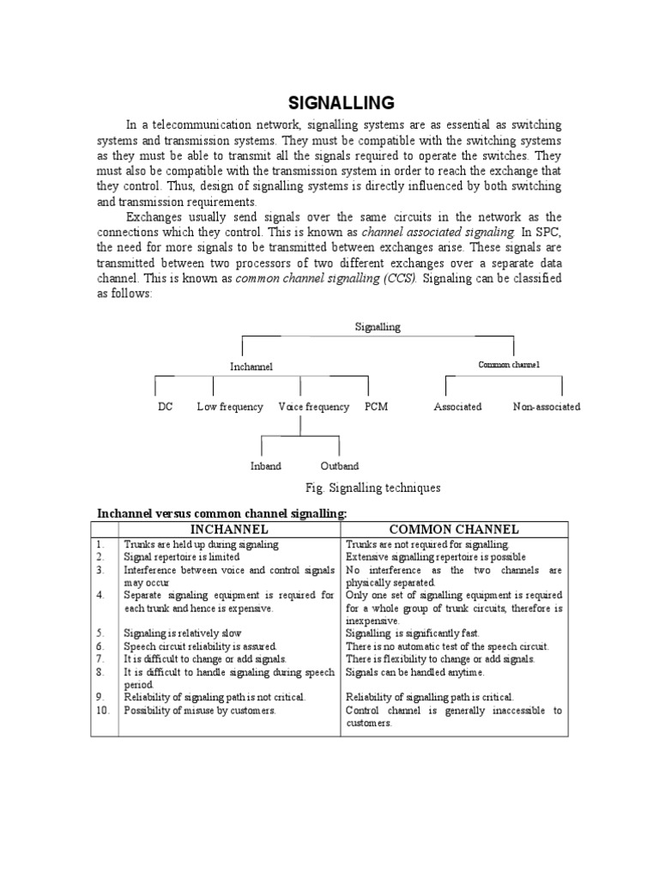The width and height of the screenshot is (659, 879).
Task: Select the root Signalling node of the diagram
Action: point(378,327)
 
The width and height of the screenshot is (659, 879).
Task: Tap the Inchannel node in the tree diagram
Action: point(251,367)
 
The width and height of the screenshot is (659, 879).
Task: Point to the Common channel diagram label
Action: point(509,365)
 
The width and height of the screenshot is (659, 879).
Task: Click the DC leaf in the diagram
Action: point(165,407)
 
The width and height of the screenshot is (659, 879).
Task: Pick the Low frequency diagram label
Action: point(230,407)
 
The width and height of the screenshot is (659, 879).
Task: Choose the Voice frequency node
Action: point(314,407)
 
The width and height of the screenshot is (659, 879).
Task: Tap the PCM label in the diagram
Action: point(376,407)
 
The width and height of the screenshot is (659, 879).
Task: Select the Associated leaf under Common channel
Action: point(457,407)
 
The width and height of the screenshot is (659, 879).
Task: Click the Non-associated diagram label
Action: point(547,407)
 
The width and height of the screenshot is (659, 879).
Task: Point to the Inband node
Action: point(265,466)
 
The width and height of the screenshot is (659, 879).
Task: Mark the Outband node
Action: point(339,466)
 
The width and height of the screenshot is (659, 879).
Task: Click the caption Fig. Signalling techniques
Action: point(373,488)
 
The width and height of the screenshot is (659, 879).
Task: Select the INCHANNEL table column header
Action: point(229,529)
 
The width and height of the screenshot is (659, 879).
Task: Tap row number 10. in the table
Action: point(104,711)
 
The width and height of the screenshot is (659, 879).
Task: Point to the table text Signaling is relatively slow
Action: point(183,633)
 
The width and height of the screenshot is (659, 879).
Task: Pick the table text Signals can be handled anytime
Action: point(414,672)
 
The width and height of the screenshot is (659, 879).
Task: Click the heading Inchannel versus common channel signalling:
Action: point(222,513)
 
